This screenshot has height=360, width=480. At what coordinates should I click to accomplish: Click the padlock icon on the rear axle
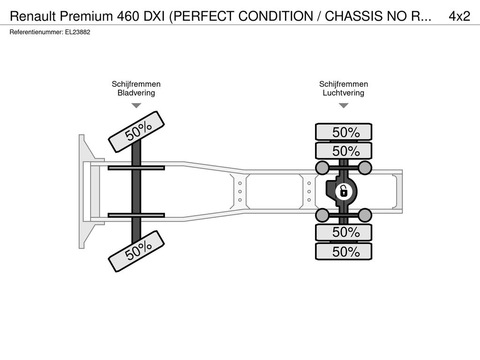[344, 192]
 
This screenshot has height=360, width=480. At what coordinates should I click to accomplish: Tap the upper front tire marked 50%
[136, 132]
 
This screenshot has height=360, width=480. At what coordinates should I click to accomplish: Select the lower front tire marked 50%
[136, 251]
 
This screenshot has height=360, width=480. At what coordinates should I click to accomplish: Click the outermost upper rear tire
[344, 132]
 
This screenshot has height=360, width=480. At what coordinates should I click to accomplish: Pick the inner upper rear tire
[344, 151]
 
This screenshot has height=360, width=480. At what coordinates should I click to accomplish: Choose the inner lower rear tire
[344, 232]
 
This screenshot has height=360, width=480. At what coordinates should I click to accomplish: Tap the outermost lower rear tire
[344, 252]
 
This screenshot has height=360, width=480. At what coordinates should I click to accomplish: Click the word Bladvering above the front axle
[136, 93]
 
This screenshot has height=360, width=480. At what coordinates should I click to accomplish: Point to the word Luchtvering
[344, 93]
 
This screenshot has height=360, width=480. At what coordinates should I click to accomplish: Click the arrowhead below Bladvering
[136, 105]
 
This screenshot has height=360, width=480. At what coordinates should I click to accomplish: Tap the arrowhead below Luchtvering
[344, 105]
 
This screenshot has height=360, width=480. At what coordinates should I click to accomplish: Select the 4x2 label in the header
[459, 16]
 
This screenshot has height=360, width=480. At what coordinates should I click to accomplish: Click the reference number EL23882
[78, 32]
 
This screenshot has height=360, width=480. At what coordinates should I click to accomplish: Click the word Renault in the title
[33, 16]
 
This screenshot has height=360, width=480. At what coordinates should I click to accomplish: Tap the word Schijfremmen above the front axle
[136, 84]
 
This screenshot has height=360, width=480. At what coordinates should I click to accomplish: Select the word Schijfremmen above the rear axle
[344, 84]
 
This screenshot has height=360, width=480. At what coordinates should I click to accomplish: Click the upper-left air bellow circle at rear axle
[322, 168]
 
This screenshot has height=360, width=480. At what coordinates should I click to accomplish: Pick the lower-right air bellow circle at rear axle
[365, 215]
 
